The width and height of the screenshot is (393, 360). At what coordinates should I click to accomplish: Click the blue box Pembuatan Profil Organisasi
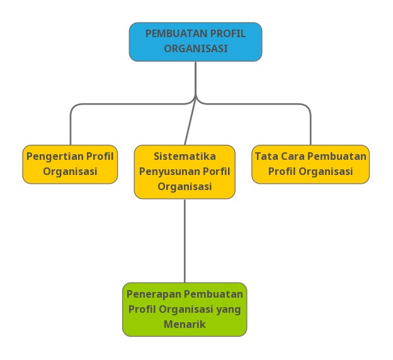[x=195, y=42]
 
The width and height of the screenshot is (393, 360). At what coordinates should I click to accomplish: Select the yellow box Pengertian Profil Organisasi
[x=70, y=164]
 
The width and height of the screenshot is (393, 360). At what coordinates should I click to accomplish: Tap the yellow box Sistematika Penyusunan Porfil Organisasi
[x=185, y=172]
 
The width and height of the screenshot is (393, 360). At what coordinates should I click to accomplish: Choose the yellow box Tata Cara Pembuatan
[x=310, y=164]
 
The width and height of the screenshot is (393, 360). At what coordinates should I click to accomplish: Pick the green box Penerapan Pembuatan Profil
[x=185, y=309]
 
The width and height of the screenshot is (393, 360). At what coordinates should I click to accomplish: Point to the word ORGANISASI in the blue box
[x=196, y=48]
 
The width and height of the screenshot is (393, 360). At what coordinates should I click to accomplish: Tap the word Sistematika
[x=185, y=156]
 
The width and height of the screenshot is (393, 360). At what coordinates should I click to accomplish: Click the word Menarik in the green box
[x=185, y=325]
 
